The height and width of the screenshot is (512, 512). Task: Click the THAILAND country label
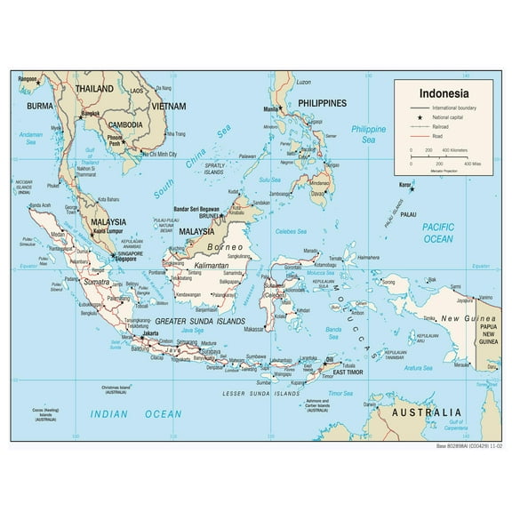(x=94, y=90)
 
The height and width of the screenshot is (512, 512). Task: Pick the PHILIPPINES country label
(x=323, y=103)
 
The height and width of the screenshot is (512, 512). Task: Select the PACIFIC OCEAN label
(x=438, y=233)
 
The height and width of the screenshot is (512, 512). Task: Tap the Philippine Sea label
(x=368, y=134)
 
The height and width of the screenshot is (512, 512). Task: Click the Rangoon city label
(x=29, y=80)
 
